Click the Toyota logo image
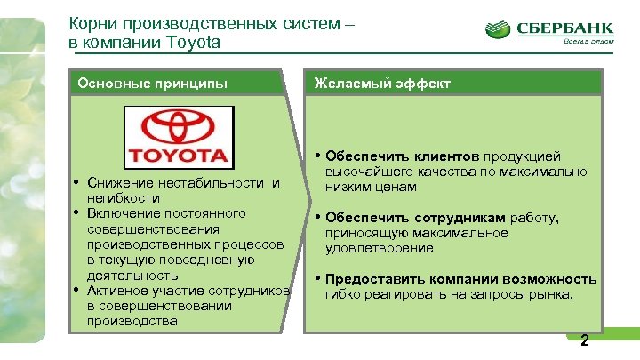[x=178, y=136]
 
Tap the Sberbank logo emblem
[x=500, y=30]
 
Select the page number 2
[x=584, y=341]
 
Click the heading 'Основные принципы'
[x=152, y=84]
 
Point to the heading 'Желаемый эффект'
[x=381, y=84]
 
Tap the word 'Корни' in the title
[x=92, y=25]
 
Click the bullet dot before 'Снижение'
[x=79, y=183]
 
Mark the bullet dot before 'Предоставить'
[x=318, y=279]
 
